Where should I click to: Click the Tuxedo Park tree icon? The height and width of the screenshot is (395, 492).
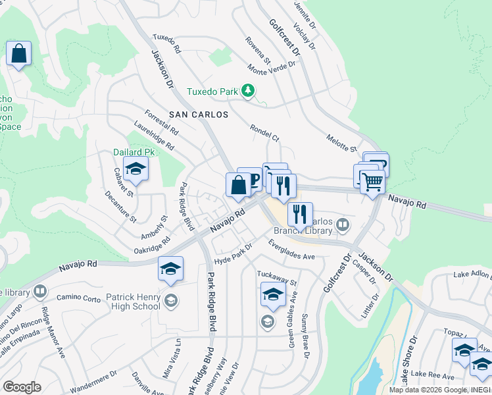248,91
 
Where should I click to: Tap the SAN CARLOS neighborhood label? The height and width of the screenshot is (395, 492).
199,115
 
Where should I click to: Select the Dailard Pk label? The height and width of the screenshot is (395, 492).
134,152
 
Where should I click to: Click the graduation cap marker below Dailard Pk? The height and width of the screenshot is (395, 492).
135,170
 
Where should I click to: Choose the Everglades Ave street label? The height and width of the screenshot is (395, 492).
293,250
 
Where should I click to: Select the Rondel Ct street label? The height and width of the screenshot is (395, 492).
264,133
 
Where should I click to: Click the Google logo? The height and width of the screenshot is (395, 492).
22,387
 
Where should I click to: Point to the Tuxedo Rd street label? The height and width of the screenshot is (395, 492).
166,43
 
